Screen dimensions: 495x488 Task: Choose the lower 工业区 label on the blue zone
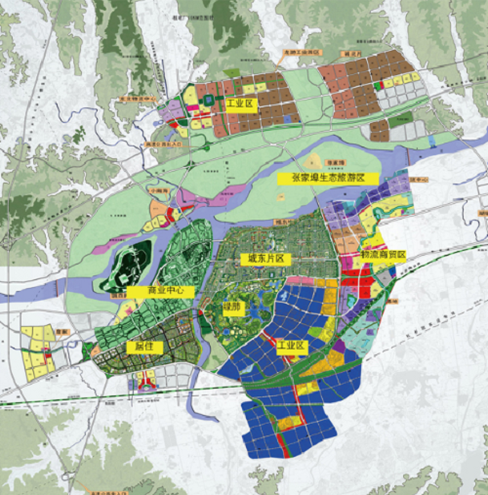[x=293, y=346]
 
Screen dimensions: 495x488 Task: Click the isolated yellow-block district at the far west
[x=39, y=351]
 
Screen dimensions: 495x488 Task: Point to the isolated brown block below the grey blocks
[x=379, y=129]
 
